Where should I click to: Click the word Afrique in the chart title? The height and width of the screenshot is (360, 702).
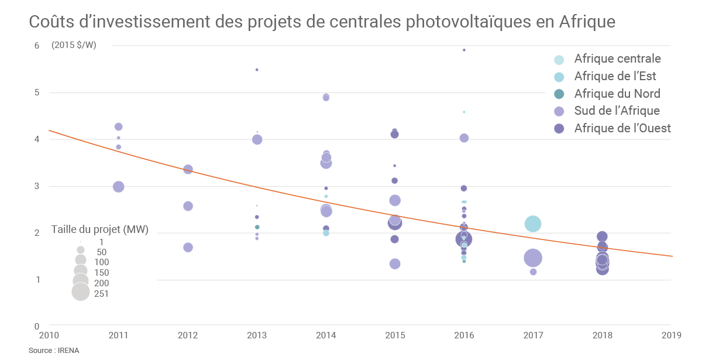point(587,22)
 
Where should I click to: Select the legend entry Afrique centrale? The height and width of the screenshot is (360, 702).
point(617,59)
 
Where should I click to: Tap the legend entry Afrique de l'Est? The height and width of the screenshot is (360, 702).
point(615,76)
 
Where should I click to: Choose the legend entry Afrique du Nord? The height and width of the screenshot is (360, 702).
point(617,94)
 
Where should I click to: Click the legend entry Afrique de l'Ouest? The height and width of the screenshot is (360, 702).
point(622,128)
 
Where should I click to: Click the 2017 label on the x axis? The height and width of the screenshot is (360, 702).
point(533,335)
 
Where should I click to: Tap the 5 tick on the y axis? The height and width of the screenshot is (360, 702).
point(36,92)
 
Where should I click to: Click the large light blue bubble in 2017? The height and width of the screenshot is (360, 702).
point(533,224)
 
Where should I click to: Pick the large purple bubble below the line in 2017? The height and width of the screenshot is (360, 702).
point(533,258)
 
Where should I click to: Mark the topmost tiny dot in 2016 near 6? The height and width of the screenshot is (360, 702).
point(464,50)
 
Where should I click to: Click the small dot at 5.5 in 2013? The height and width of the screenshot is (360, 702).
point(257,70)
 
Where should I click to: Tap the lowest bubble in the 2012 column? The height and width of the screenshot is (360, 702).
point(188,247)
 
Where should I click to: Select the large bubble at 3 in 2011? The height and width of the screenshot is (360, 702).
point(118,187)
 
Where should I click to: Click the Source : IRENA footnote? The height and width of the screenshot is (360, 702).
point(54,350)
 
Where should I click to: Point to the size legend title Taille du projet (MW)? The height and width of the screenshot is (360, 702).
point(99,230)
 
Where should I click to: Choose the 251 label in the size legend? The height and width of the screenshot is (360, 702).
point(101,294)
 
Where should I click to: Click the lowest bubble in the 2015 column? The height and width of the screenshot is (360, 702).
point(395,264)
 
